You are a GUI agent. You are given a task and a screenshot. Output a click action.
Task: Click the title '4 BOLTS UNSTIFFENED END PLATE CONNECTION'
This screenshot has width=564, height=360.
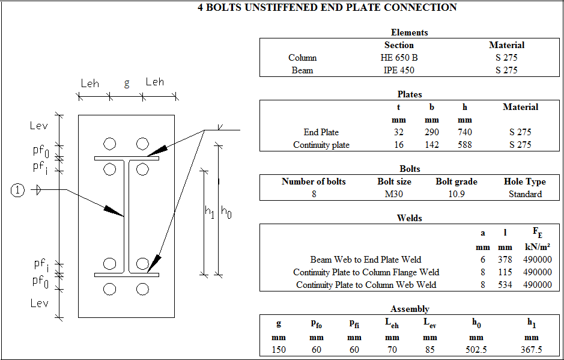[327, 8]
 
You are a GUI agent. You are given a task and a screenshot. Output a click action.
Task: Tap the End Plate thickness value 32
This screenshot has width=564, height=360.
[399, 132]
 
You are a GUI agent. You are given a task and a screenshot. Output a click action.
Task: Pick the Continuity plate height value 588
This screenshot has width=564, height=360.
[464, 145]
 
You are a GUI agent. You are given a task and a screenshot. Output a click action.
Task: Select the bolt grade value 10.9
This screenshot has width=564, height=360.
[456, 194]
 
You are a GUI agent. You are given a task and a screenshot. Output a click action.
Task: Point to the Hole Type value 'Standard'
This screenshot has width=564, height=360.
[525, 194]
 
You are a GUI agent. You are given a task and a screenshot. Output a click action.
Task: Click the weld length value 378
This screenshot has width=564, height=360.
[505, 260]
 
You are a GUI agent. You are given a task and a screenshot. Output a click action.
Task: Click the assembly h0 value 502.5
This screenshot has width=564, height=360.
[476, 350]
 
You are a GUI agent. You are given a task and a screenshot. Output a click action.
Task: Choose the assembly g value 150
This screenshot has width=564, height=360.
[278, 350]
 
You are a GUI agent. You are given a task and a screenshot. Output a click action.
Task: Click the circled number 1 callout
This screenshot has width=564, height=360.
[18, 191]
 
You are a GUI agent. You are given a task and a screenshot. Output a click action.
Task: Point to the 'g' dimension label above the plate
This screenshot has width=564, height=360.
[127, 84]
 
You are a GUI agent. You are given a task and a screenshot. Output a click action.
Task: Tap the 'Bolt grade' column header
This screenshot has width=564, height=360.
[456, 182]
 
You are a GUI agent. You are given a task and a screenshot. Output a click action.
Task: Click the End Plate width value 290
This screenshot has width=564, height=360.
[431, 132]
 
